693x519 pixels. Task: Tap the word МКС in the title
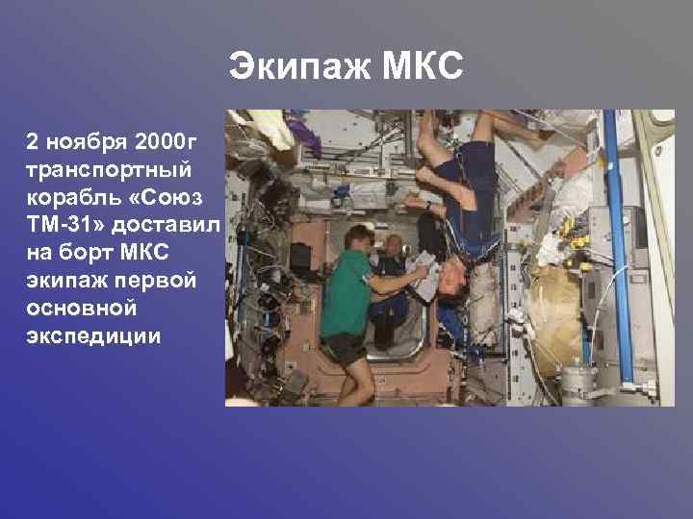(x=424, y=68)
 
